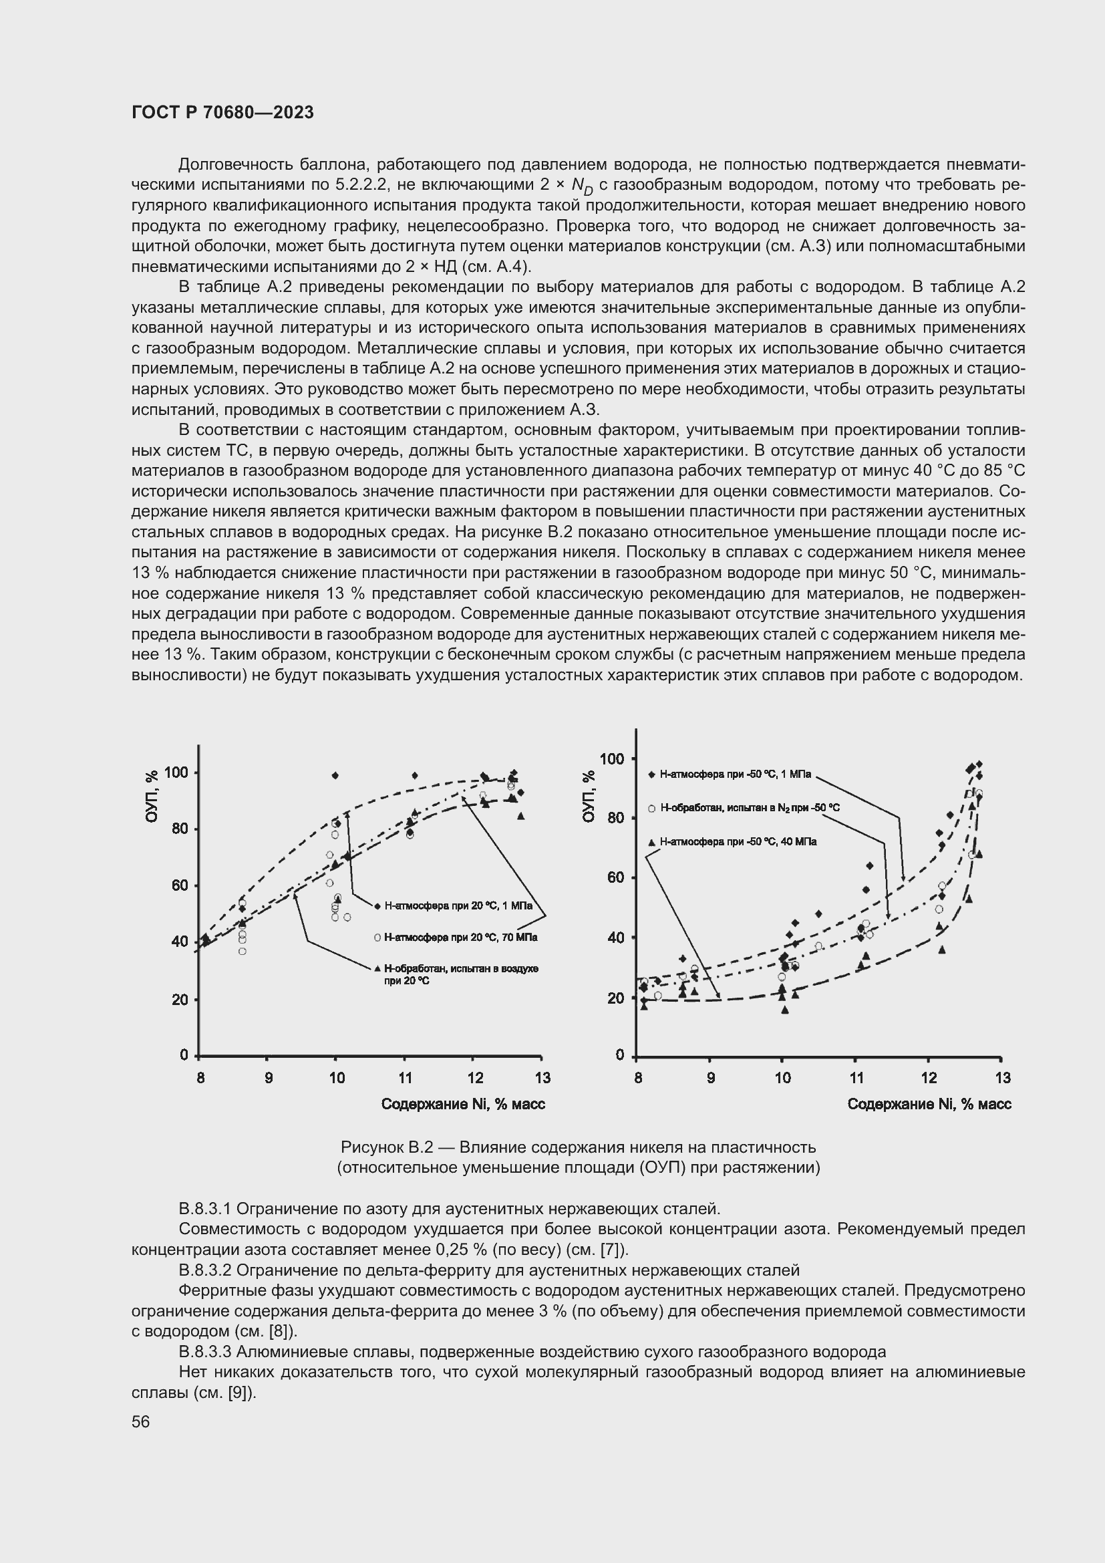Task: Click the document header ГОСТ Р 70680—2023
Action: tap(222, 112)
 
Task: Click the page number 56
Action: tap(141, 1421)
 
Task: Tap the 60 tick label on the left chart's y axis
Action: tap(179, 885)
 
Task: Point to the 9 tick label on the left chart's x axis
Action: tap(269, 1078)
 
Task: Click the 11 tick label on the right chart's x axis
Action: tap(856, 1078)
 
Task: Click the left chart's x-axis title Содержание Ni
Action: tap(463, 1104)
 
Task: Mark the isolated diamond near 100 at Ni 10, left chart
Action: tap(335, 775)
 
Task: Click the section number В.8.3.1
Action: tap(205, 1208)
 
